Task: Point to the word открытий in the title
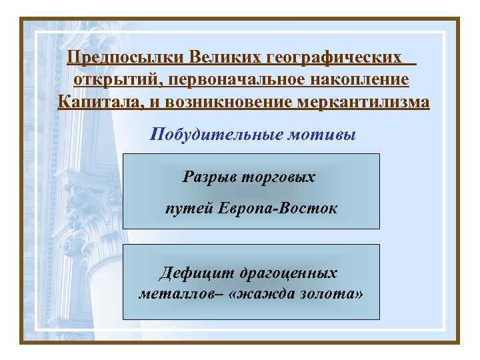tap(117, 79)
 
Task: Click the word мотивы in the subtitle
tap(323, 135)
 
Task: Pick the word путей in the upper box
tap(189, 209)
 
